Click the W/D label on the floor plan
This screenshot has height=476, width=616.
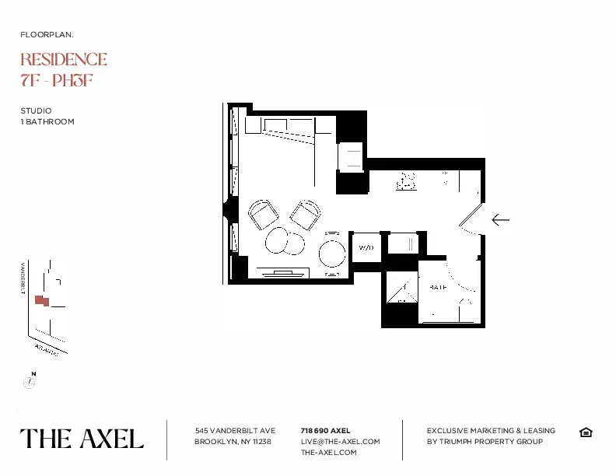366,247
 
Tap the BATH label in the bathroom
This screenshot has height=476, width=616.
439,287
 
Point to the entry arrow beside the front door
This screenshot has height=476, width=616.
500,220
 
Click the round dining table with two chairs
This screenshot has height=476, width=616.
332,252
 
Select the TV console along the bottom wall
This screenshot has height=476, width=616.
283,273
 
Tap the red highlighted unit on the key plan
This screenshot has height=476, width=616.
42,299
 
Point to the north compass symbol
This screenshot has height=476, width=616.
30,381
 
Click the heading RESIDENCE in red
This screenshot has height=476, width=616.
64,60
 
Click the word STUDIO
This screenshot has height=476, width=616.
36,111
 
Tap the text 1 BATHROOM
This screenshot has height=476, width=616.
47,122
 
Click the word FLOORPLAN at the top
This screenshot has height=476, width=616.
47,35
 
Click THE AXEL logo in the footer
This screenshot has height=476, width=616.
82,439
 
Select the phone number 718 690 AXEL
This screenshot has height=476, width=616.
325,430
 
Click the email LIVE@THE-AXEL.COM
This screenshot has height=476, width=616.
340,441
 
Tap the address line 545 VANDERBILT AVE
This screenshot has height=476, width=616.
235,430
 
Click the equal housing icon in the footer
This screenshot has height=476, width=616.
586,432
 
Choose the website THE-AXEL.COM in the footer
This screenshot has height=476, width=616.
328,452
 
